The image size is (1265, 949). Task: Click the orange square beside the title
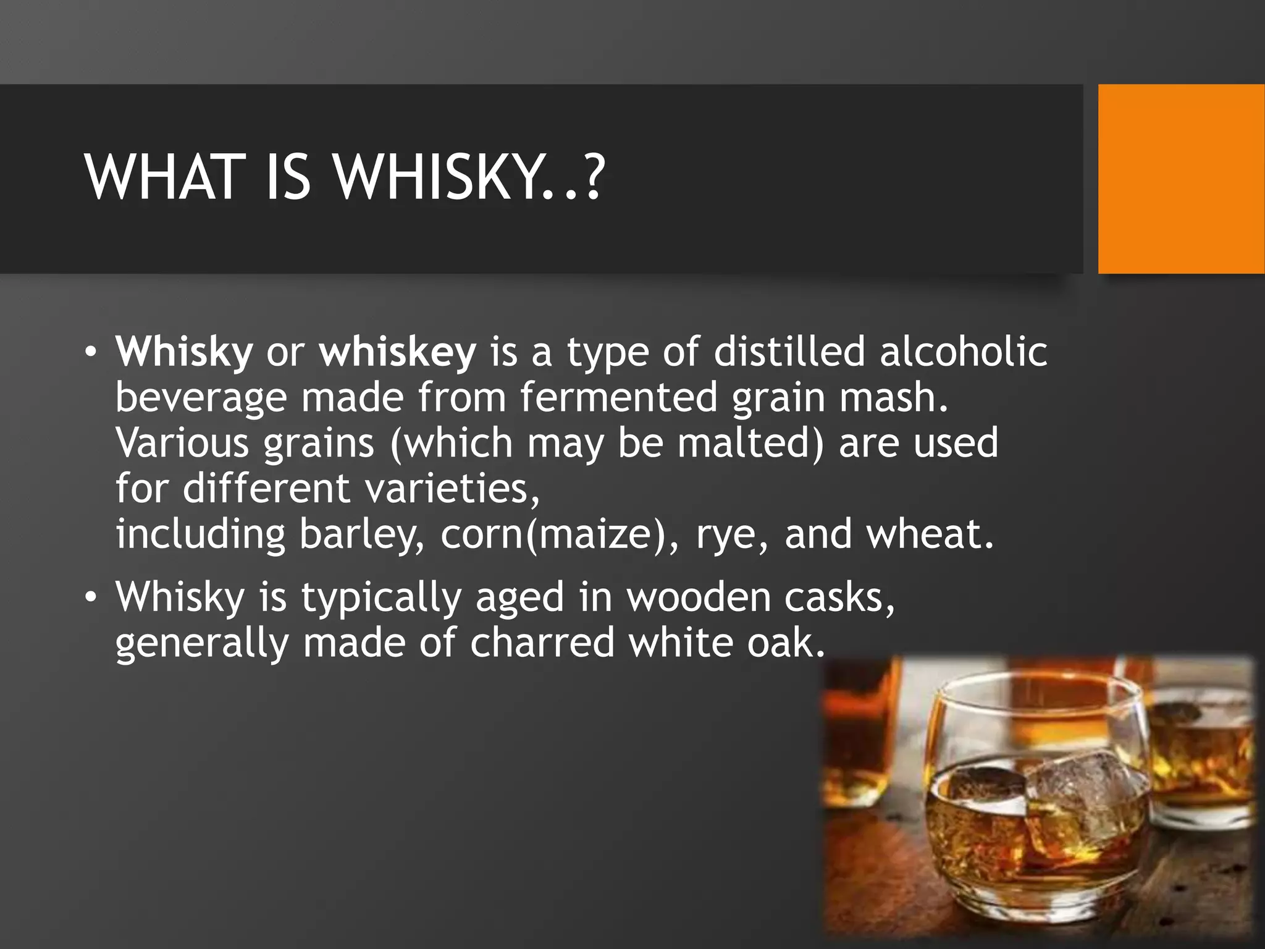1180,179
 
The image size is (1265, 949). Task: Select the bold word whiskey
398,352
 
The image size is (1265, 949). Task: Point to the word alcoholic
963,352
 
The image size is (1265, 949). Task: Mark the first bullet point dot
91,353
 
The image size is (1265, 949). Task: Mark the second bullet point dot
91,598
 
